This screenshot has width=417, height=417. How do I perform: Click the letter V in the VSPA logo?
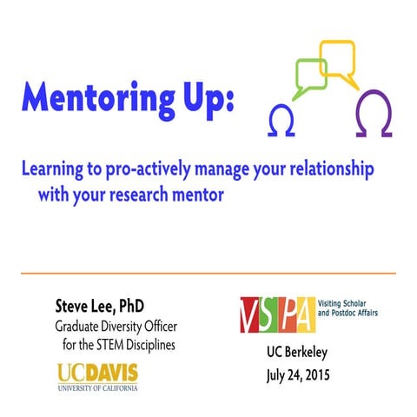(250, 314)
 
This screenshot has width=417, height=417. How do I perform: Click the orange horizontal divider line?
(208, 273)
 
